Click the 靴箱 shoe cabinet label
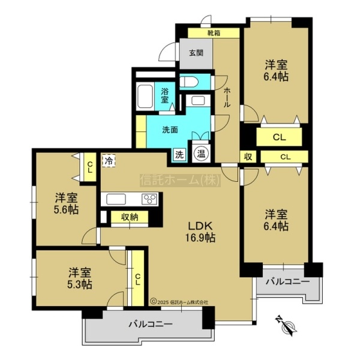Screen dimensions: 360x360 pyautogui.click(x=214, y=33)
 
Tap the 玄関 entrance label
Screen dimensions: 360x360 pyautogui.click(x=196, y=53)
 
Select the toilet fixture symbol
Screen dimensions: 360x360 pyautogui.click(x=188, y=82)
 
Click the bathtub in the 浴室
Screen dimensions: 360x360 pyautogui.click(x=145, y=97)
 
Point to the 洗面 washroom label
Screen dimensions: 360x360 pyautogui.click(x=170, y=130)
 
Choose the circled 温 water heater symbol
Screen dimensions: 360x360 pyautogui.click(x=201, y=154)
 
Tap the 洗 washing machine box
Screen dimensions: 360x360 pyautogui.click(x=179, y=155)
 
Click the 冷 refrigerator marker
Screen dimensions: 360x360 pyautogui.click(x=109, y=160)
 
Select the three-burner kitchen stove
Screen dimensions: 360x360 pyautogui.click(x=149, y=199)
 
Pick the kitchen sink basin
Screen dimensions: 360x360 pyautogui.click(x=116, y=199)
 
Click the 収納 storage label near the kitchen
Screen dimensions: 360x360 pyautogui.click(x=130, y=217)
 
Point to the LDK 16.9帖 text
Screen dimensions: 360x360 pyautogui.click(x=200, y=232)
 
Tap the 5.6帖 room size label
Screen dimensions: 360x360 pyautogui.click(x=66, y=209)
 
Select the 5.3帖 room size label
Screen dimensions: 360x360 pyautogui.click(x=80, y=284)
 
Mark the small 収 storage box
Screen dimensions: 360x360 pyautogui.click(x=248, y=157)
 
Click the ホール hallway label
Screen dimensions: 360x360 pyautogui.click(x=227, y=97)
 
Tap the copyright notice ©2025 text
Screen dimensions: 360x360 pyautogui.click(x=179, y=302)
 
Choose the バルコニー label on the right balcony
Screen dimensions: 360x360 pyautogui.click(x=287, y=281)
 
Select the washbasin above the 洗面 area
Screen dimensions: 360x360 pyautogui.click(x=198, y=101)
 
